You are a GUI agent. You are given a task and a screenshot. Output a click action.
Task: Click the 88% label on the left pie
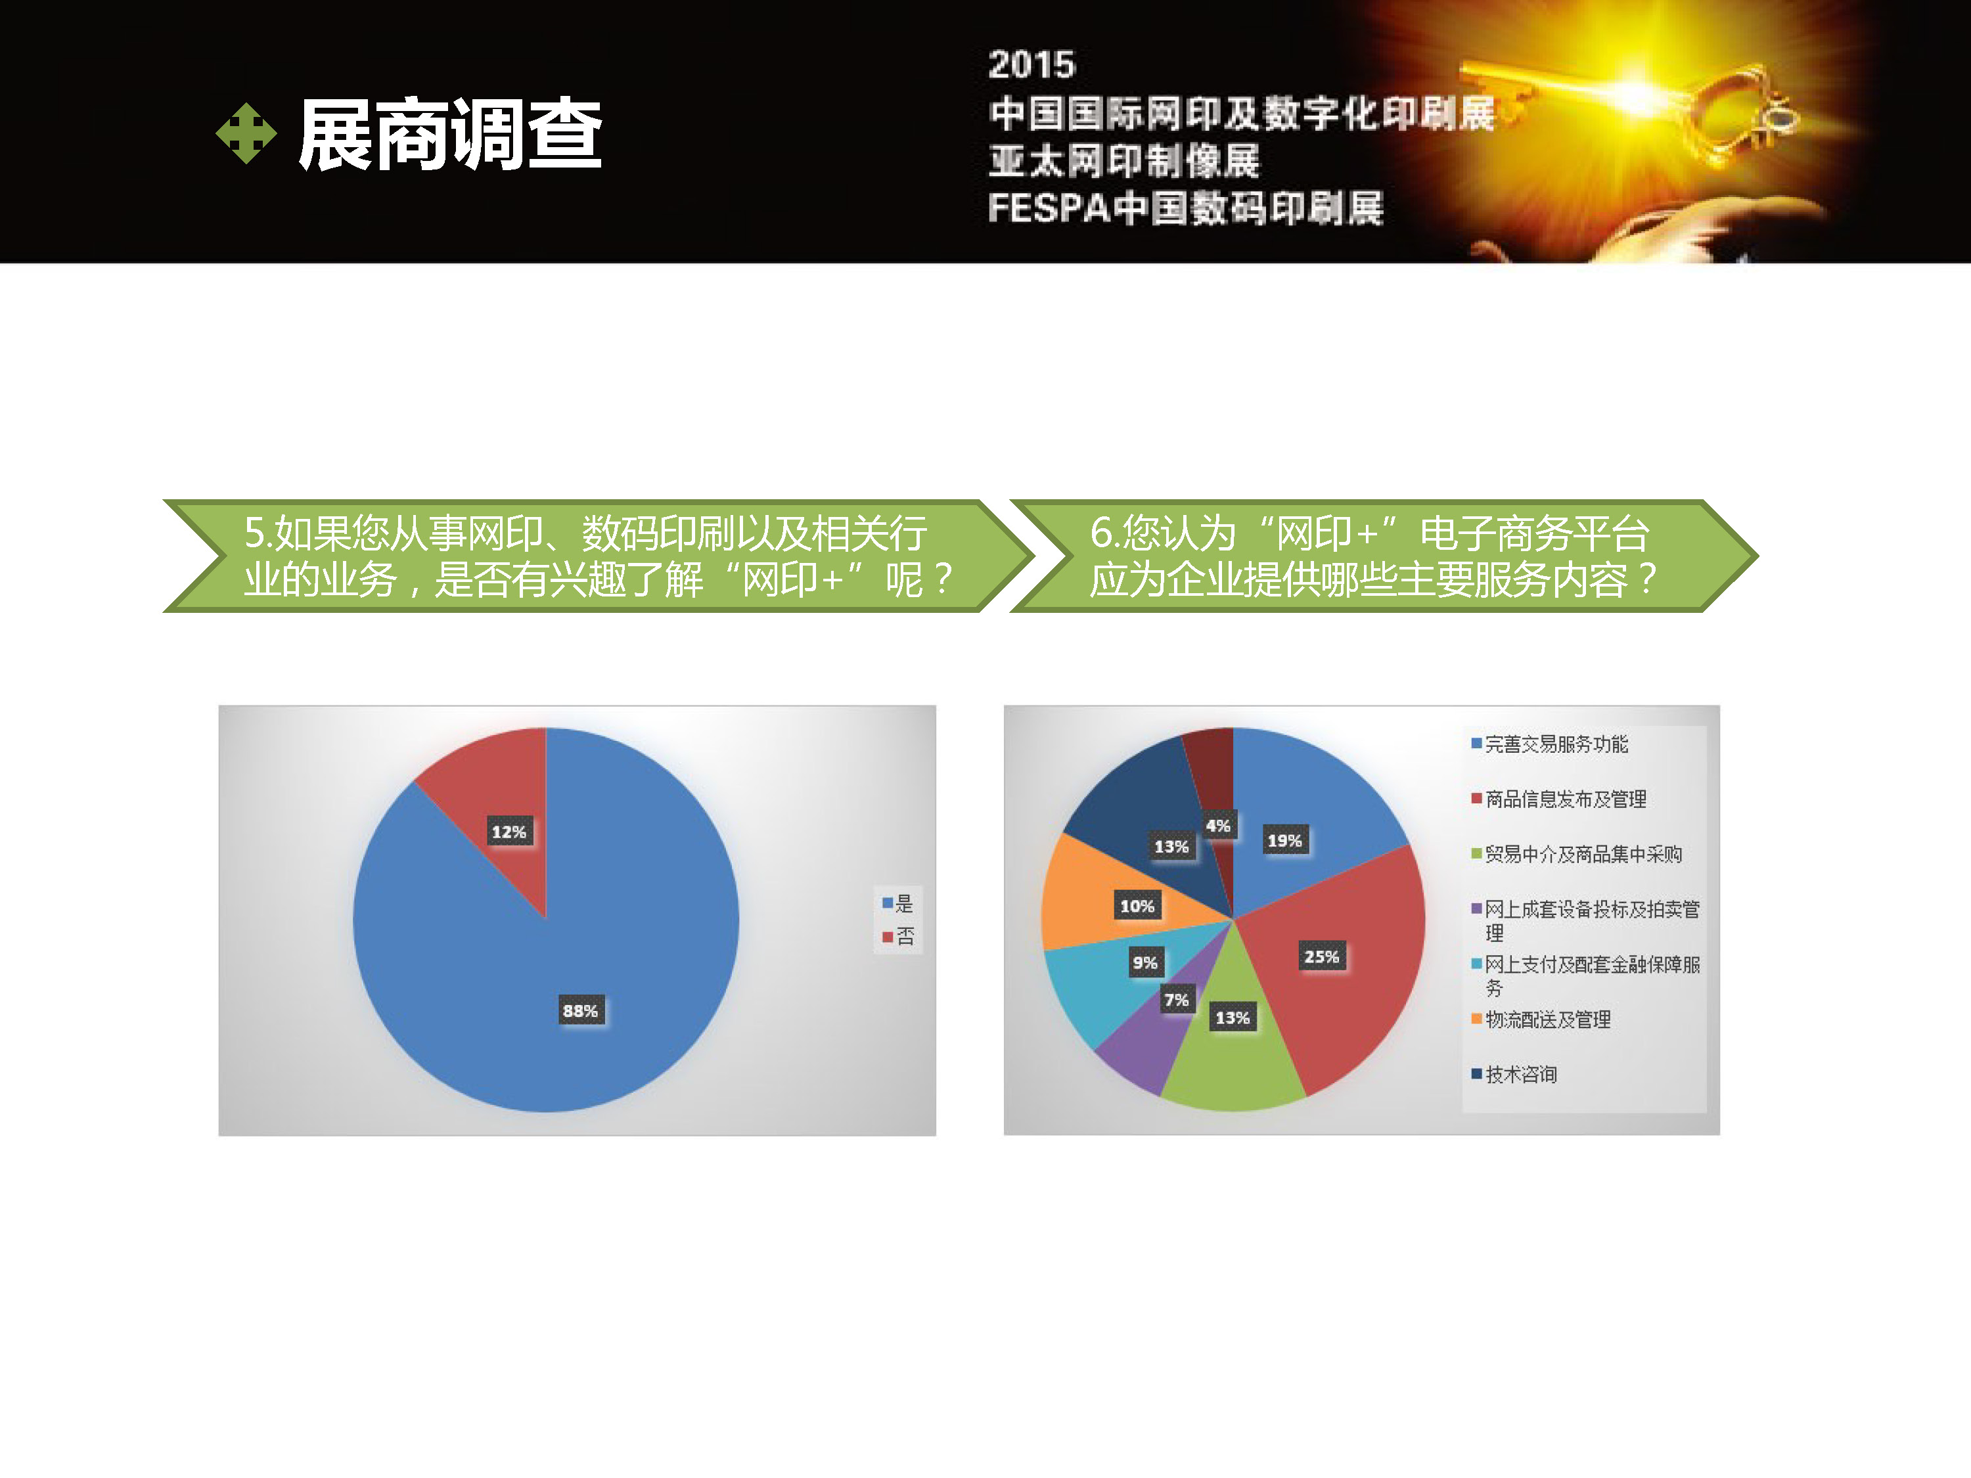[x=580, y=1010]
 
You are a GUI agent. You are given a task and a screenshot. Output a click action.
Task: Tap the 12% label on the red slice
[x=509, y=831]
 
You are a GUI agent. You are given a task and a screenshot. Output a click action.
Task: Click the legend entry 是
[x=898, y=903]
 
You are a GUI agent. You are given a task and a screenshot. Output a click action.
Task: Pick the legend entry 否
[x=898, y=936]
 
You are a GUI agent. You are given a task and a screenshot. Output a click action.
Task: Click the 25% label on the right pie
[x=1321, y=956]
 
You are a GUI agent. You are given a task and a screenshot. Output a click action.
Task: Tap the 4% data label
[x=1218, y=825]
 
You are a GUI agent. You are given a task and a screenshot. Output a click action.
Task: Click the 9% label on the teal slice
[x=1145, y=962]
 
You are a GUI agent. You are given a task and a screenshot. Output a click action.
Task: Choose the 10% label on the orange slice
[x=1137, y=905]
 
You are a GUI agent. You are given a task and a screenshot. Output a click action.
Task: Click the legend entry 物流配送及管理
[x=1541, y=1019]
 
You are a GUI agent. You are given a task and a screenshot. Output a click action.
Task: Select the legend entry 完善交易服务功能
[x=1551, y=744]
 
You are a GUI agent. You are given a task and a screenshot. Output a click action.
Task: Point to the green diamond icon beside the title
[x=246, y=133]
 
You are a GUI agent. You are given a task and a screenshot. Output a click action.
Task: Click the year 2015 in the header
[x=1032, y=64]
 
